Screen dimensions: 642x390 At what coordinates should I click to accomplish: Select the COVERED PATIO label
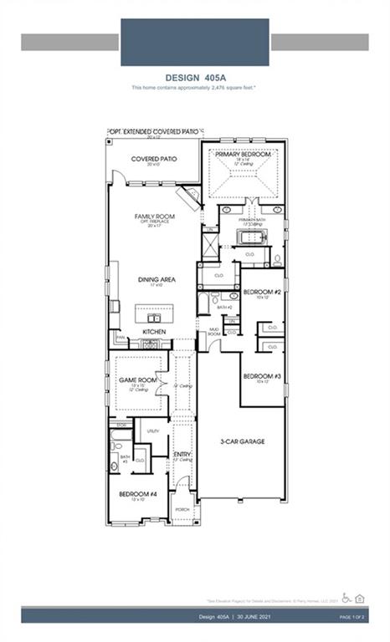coord(153,158)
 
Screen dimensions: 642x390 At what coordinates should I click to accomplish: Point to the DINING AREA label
coord(157,279)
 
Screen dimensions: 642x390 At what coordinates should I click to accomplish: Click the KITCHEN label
coord(154,332)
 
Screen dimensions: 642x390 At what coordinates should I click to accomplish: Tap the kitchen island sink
coord(154,317)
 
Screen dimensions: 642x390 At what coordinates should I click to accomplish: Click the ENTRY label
coord(182,454)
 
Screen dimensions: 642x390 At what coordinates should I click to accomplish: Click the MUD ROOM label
coord(213,332)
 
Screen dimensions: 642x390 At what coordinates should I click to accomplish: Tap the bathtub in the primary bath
coord(250,238)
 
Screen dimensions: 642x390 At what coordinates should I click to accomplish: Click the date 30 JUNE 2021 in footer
coord(246,616)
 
